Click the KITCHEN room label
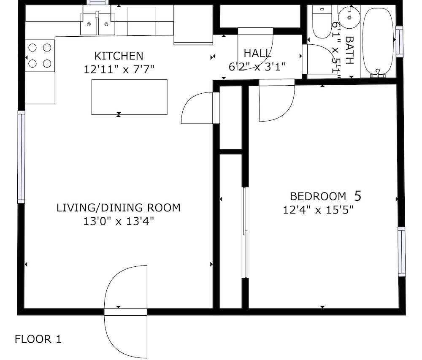(x=119, y=56)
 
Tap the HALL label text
(x=257, y=54)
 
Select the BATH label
(x=349, y=50)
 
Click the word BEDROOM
(x=318, y=196)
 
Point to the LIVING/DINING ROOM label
(x=119, y=208)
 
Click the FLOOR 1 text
(x=38, y=339)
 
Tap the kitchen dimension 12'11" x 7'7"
(x=119, y=69)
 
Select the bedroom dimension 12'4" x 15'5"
(x=318, y=210)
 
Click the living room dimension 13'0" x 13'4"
(x=119, y=222)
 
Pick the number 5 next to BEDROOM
(x=358, y=196)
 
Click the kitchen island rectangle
(x=129, y=97)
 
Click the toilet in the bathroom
(x=322, y=22)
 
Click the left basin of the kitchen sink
(x=89, y=24)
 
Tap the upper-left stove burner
(x=32, y=48)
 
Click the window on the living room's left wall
(x=21, y=157)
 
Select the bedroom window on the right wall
(x=401, y=252)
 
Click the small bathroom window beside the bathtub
(x=399, y=41)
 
